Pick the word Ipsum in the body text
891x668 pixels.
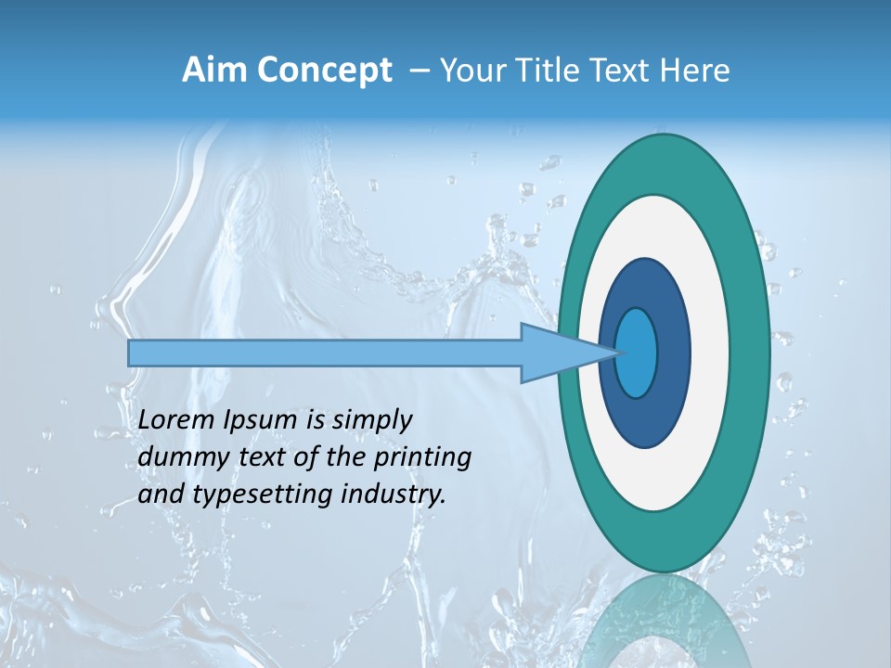coord(262,420)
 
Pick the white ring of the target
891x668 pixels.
coord(709,353)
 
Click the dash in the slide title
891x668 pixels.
coord(419,71)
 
